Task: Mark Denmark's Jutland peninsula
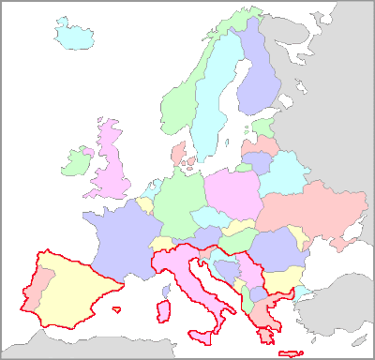[x=179, y=153]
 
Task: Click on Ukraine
[x=309, y=211]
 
